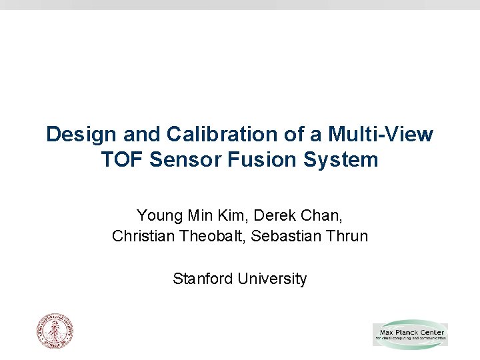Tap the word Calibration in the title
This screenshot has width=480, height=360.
(x=209, y=135)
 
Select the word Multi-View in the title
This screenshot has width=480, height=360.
(x=381, y=135)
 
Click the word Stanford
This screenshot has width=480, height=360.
(x=202, y=279)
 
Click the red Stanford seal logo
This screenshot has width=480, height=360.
(x=54, y=331)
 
